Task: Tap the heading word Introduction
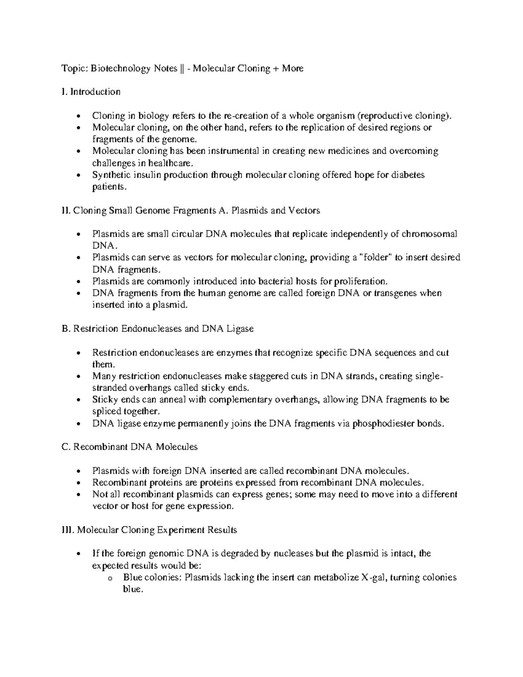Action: pyautogui.click(x=95, y=92)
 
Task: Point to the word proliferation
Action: pyautogui.click(x=362, y=281)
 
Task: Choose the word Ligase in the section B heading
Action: pyautogui.click(x=240, y=329)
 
